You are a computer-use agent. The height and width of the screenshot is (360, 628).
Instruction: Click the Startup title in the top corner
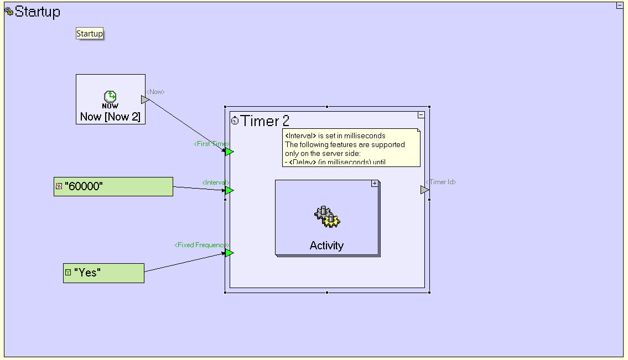[37, 12]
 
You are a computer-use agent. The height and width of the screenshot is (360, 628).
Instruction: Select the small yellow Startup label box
[90, 34]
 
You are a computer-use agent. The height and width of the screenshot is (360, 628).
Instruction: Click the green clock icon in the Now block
[110, 96]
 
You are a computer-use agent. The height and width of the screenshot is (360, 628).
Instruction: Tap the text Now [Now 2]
[110, 117]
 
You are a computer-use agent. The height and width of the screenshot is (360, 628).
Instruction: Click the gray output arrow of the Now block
[145, 100]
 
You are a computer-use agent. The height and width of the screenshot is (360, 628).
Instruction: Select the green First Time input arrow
[229, 152]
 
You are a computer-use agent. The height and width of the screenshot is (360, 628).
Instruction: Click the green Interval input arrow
[229, 190]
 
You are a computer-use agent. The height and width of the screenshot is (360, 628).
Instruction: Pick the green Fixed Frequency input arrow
[229, 253]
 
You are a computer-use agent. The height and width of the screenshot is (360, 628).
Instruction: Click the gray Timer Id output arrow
[424, 190]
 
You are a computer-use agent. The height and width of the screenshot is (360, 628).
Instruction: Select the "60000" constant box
[113, 186]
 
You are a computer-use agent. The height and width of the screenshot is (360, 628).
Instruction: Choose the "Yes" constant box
[104, 273]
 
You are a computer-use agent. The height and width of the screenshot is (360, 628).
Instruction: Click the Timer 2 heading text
[265, 121]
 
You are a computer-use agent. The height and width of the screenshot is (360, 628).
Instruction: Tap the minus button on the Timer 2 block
[421, 115]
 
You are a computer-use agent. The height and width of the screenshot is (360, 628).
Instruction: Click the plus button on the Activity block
[375, 183]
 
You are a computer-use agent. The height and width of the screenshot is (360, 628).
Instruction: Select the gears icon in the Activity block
[326, 217]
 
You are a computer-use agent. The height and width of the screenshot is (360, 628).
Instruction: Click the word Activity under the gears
[326, 246]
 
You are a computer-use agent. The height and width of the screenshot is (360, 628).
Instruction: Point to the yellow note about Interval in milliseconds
[351, 148]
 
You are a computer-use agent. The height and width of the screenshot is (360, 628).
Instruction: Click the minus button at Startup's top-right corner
[620, 6]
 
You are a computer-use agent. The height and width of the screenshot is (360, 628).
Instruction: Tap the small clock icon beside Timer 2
[235, 121]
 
